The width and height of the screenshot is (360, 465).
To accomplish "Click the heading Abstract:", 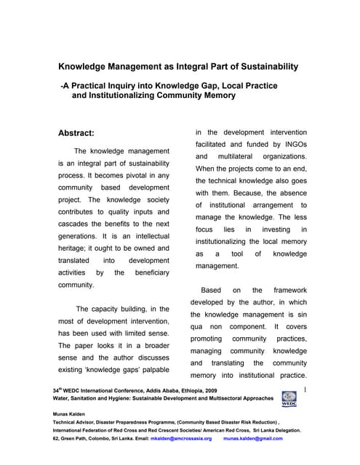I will point(86,134).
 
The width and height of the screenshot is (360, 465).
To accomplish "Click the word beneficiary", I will point(148,272).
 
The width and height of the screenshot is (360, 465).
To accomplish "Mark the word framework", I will point(287,290).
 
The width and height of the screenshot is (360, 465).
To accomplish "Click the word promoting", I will point(206,339).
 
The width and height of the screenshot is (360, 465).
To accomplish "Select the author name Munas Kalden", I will point(73,413).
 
